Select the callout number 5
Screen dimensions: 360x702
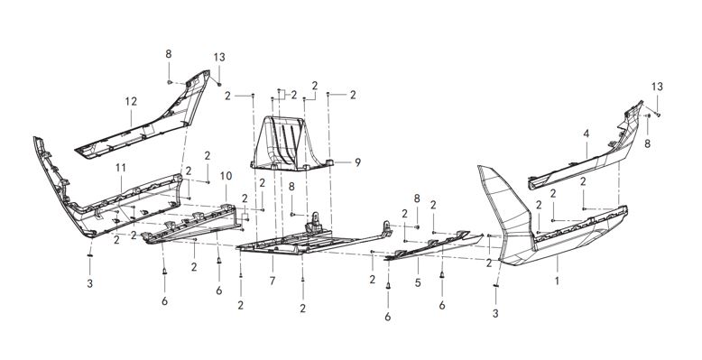coord(417,282)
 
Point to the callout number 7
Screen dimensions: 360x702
coord(272,282)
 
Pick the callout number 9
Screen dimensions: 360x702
coord(357,163)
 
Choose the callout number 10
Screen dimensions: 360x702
coord(226,175)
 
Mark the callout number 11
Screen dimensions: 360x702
coord(120,168)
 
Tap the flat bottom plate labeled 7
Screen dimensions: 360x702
coord(289,245)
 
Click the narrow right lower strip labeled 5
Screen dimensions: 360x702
coord(433,245)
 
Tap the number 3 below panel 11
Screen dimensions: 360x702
coord(89,283)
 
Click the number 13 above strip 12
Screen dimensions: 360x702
coord(219,58)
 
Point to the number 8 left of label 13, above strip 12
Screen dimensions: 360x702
coord(168,54)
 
